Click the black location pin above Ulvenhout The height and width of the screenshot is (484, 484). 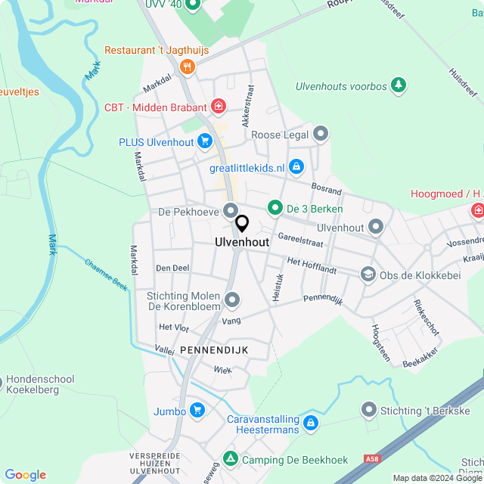(x=242, y=224)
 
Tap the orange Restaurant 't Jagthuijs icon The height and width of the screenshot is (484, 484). (x=188, y=67)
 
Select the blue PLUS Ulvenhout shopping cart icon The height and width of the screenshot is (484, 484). (x=204, y=141)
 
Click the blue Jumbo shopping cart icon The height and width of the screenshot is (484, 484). (x=197, y=411)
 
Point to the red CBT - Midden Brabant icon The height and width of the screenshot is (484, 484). (x=219, y=105)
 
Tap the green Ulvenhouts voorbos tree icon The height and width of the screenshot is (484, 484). (x=399, y=85)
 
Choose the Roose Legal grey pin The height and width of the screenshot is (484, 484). (x=321, y=135)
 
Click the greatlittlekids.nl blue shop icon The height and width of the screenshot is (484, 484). (x=296, y=166)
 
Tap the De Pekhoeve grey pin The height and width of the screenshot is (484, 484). (x=231, y=211)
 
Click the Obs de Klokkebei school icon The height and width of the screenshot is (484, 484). (x=368, y=275)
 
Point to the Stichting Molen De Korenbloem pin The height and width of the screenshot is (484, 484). (x=232, y=301)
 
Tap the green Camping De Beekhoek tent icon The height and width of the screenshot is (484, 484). (x=230, y=458)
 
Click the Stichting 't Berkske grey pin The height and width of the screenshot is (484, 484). (x=369, y=410)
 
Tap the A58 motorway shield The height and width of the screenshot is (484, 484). (x=371, y=458)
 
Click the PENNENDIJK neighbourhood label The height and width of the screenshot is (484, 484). (x=213, y=349)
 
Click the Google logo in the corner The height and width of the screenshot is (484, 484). (x=25, y=475)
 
